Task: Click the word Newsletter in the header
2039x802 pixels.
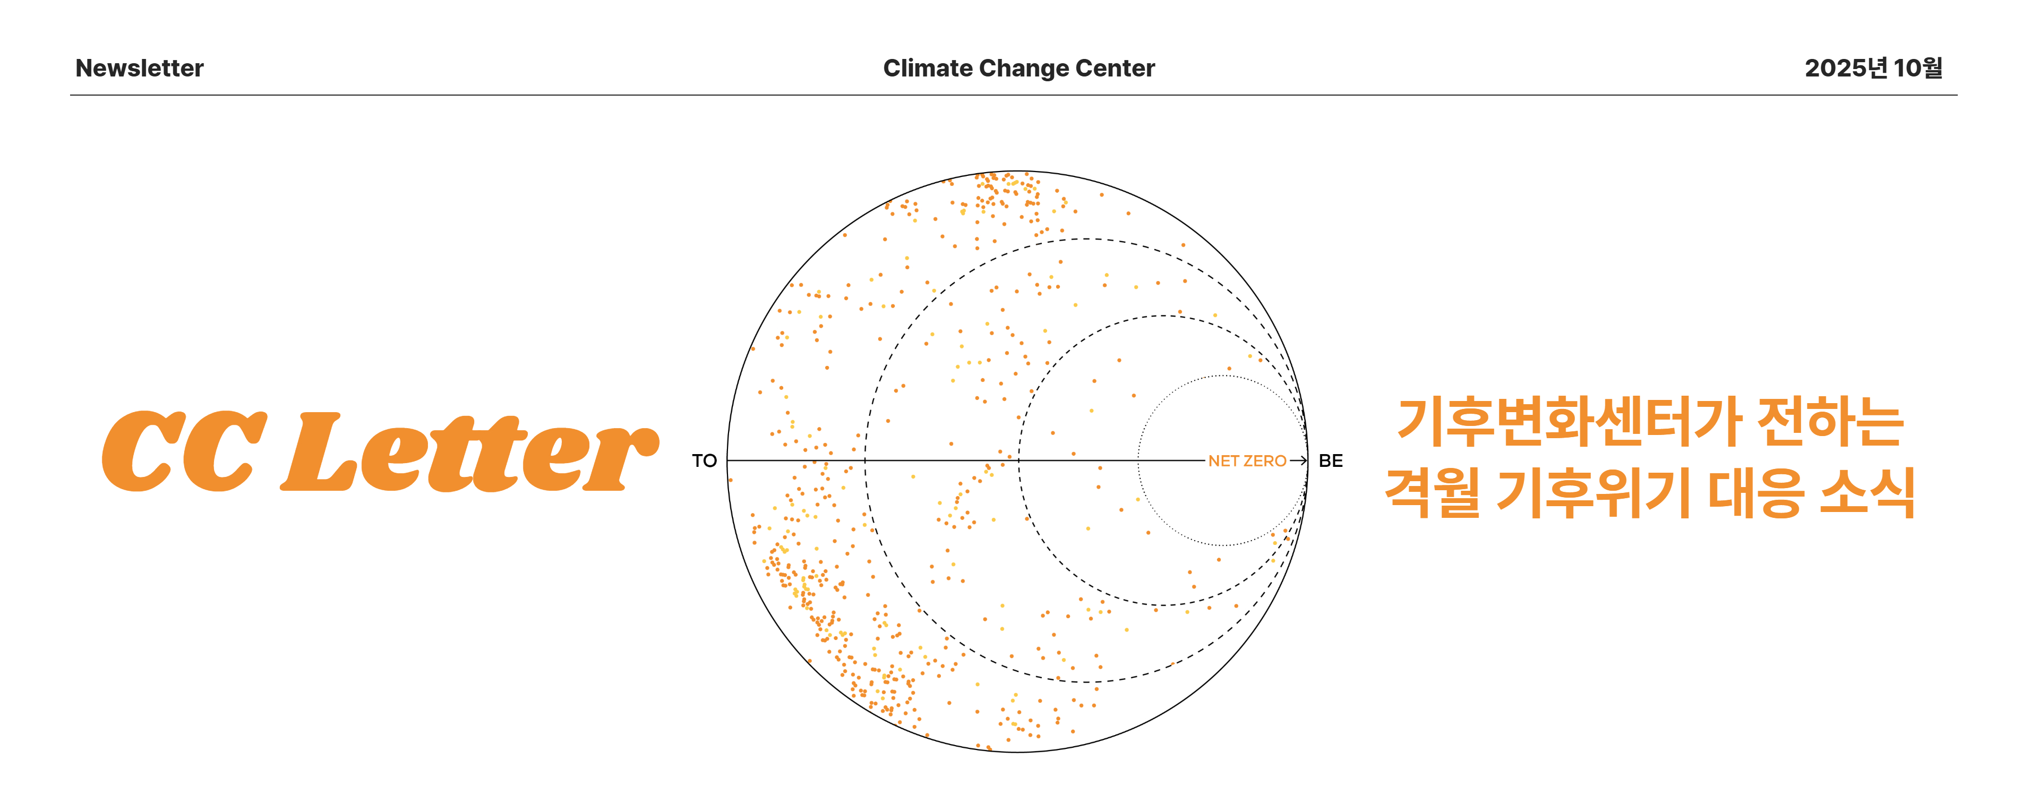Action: coord(139,68)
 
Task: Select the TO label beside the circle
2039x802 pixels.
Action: coord(704,461)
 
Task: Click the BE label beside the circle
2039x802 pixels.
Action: coord(1331,461)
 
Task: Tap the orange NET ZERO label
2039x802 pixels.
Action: coord(1247,461)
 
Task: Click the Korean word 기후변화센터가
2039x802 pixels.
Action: coord(1567,422)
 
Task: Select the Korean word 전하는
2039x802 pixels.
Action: coord(1830,422)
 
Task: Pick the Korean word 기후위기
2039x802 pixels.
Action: coord(1592,492)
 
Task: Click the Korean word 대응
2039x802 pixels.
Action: coord(1755,492)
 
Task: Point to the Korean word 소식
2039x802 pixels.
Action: coord(1868,492)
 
